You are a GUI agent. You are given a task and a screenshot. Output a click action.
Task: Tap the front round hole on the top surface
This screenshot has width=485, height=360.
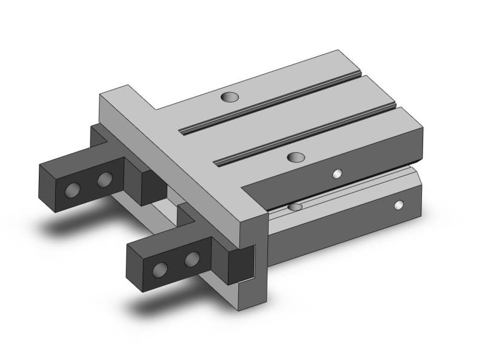[x=295, y=157]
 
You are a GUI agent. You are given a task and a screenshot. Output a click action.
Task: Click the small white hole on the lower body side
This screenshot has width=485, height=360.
[x=398, y=205]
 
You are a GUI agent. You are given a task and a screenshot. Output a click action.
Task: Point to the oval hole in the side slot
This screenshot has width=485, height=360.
[x=295, y=207]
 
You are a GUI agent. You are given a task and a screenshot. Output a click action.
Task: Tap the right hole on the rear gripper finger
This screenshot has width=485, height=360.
[x=104, y=179]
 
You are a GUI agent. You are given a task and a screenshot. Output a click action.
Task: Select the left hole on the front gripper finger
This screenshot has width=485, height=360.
[x=161, y=270]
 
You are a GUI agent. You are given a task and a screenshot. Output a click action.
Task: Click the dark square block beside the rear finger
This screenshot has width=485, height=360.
[x=152, y=187]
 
